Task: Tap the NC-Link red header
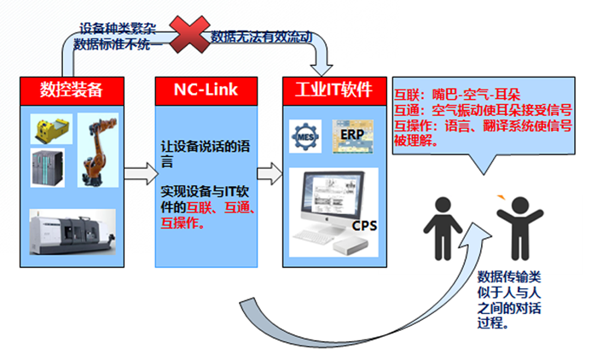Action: point(206,88)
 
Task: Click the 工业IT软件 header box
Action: point(333,88)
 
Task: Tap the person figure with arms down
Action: point(443,228)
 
